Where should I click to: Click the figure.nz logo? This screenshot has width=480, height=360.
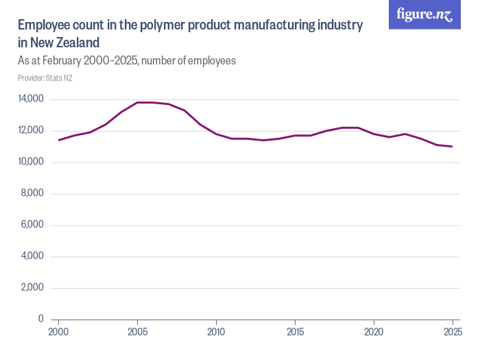[x=424, y=14]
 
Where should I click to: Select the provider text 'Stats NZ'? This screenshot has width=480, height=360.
[x=60, y=78]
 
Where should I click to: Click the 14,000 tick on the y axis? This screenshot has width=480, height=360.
[x=31, y=99]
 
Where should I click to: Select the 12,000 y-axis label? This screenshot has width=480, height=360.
[x=31, y=130]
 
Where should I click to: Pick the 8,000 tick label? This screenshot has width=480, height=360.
[x=32, y=193]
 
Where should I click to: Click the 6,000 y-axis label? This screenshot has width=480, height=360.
[x=32, y=225]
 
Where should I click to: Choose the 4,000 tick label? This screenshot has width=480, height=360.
[x=32, y=256]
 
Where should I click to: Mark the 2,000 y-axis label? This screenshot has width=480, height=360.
[x=32, y=287]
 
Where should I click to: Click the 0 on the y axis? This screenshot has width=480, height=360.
[x=40, y=319]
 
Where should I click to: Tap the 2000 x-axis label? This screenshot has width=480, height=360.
[x=59, y=332]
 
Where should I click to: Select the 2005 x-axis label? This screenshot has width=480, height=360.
[x=138, y=332]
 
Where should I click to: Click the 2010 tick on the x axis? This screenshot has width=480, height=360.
[x=216, y=332]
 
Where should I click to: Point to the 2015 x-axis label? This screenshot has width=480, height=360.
[x=295, y=332]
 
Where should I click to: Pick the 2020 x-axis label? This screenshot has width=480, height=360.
[x=374, y=332]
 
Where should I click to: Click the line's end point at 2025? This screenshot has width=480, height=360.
[x=452, y=147]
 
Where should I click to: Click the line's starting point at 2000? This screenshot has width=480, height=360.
[x=59, y=140]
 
